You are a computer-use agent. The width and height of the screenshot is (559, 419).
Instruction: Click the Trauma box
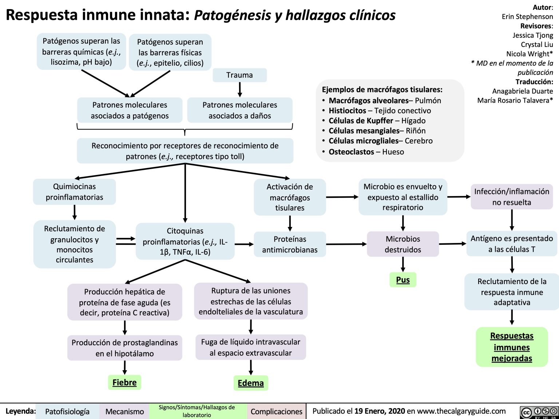click(x=239, y=75)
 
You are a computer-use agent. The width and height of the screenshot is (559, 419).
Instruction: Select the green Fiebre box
click(x=124, y=383)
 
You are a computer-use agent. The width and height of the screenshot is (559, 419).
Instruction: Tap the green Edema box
click(x=250, y=383)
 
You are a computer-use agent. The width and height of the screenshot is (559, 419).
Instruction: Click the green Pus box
click(x=403, y=280)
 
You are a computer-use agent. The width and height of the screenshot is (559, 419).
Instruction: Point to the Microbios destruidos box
click(x=403, y=244)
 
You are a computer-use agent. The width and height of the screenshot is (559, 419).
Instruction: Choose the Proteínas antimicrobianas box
click(x=290, y=244)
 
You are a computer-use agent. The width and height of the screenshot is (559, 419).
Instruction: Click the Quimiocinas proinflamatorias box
click(x=74, y=192)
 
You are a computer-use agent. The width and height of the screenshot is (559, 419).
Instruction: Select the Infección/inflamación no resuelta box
click(x=511, y=197)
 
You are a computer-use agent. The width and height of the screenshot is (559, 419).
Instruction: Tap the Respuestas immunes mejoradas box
click(x=511, y=347)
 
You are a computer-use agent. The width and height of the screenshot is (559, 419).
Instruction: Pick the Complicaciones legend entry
click(x=276, y=411)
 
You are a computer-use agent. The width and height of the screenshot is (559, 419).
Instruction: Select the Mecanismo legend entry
click(x=124, y=411)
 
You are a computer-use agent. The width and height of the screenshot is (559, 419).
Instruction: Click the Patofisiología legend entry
click(x=67, y=411)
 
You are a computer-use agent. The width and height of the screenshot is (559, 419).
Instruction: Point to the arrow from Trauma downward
click(x=240, y=89)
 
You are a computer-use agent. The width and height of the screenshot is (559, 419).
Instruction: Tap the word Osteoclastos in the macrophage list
click(x=351, y=152)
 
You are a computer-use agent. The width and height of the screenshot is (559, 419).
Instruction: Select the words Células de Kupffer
click(x=361, y=121)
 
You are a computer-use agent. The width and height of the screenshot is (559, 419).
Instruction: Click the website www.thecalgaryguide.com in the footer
click(x=461, y=411)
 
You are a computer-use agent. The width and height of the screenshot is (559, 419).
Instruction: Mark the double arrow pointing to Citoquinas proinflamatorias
click(x=126, y=241)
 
